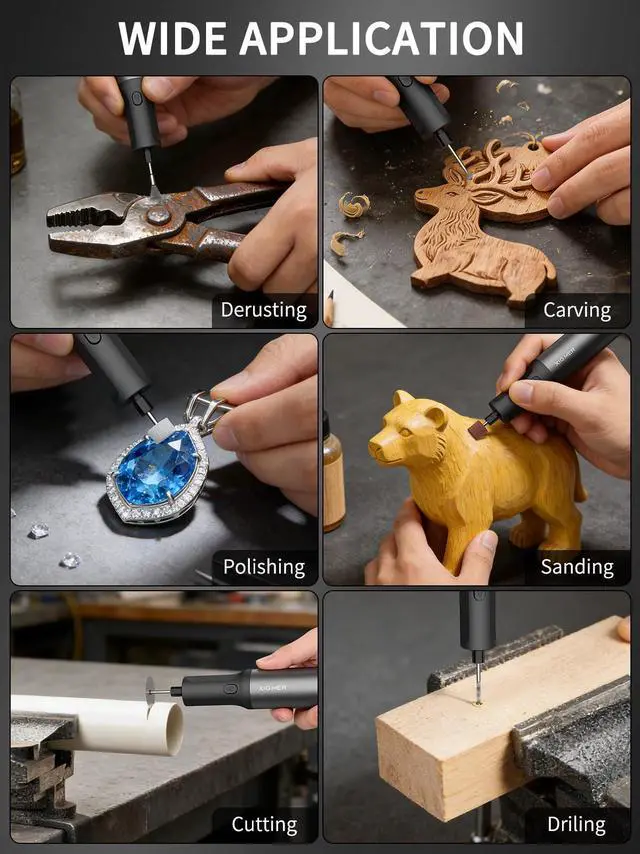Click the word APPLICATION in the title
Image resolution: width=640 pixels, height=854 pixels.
point(381,38)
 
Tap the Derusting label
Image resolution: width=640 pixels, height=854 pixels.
point(264,310)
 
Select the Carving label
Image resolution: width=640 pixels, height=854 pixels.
point(577,310)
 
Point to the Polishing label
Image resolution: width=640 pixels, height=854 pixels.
point(264,567)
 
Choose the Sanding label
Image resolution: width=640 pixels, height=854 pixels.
point(577,567)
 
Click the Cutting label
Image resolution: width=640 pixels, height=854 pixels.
point(264,824)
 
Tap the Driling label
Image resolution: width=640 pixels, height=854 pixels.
point(576,824)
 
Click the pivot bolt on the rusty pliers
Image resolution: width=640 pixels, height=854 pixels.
point(159,215)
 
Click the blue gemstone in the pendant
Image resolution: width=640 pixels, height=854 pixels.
point(156,468)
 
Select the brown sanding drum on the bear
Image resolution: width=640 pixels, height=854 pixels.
point(478,429)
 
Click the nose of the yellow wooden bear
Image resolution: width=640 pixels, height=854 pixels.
point(375,449)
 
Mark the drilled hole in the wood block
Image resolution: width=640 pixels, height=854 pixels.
point(478,703)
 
